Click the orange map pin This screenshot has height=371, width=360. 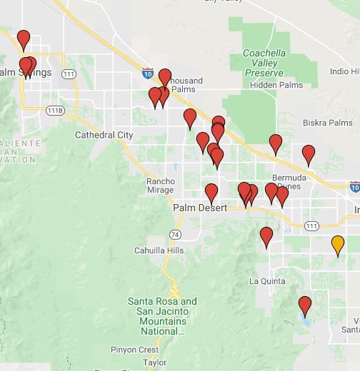(338, 245)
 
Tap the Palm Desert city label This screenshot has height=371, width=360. (200, 208)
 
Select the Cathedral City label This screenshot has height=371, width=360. (104, 135)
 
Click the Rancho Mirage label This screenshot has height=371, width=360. (161, 185)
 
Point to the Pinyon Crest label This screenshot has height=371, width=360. (134, 350)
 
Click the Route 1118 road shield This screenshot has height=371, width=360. (55, 111)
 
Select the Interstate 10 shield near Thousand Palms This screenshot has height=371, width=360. (148, 73)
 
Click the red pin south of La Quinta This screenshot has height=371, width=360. (305, 305)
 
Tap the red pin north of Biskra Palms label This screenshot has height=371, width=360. (276, 143)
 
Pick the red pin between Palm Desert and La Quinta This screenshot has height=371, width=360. (266, 236)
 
